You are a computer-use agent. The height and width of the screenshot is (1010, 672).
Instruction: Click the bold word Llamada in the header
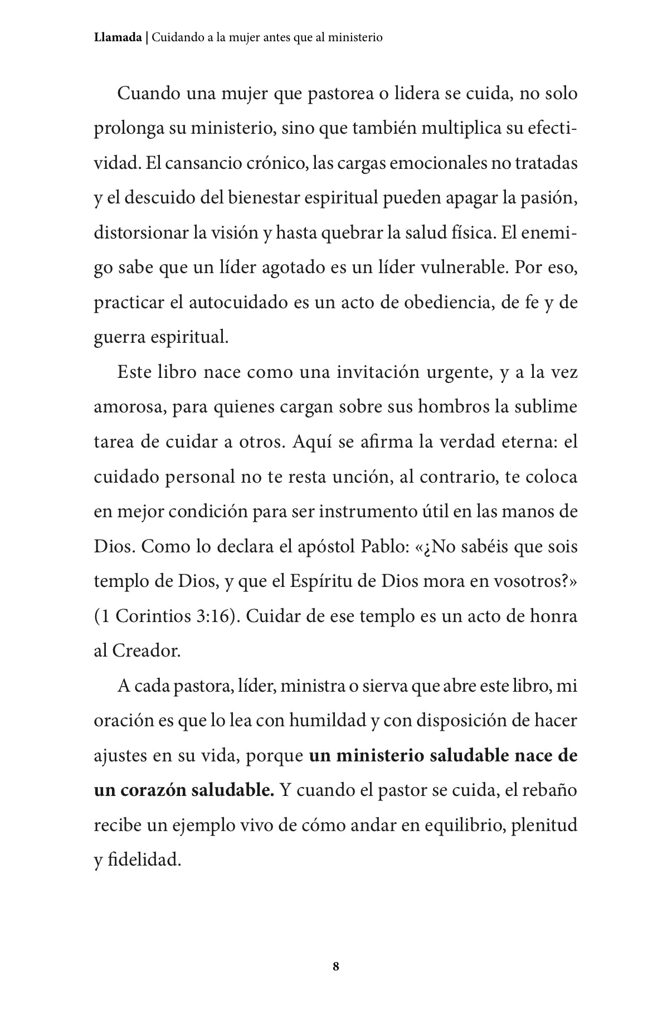pos(118,38)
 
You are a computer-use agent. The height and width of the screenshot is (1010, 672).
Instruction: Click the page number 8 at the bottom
pos(335,967)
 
